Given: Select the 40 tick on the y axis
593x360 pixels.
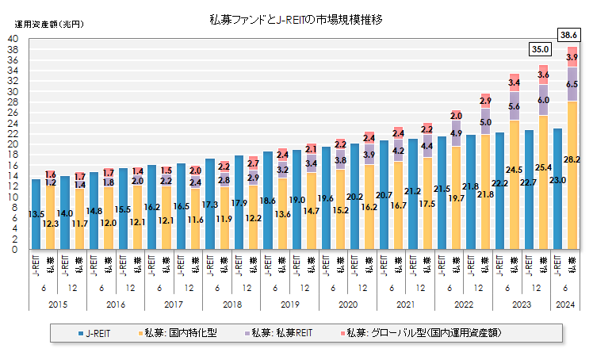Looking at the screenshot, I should tap(13, 39).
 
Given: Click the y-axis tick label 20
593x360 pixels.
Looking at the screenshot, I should tap(13, 144).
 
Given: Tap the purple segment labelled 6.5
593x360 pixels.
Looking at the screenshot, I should tap(572, 84).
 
